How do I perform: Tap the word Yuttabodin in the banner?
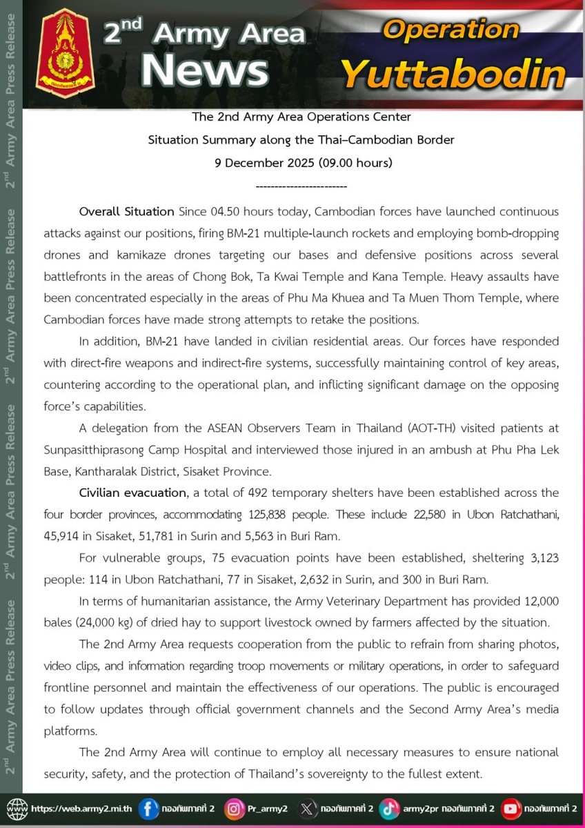[x=453, y=74]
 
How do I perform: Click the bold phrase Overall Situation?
[x=126, y=211]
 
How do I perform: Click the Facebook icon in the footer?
[x=148, y=809]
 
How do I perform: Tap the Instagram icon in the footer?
[x=235, y=809]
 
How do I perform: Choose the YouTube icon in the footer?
[x=510, y=809]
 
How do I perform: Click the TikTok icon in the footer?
[x=389, y=809]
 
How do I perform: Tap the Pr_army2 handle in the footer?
[x=268, y=809]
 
